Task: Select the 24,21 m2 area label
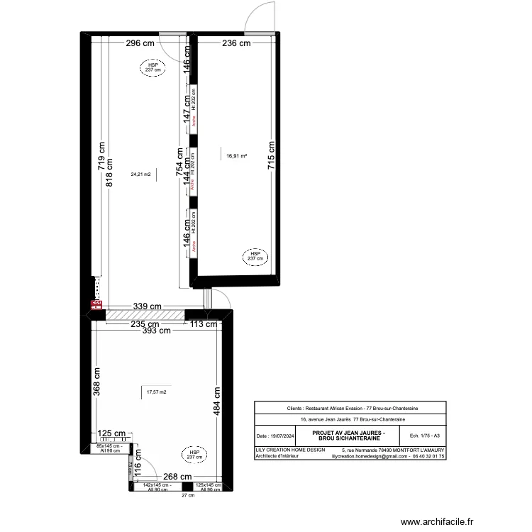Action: pos(140,174)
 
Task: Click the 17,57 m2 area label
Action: pos(155,392)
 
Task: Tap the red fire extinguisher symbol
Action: pos(95,305)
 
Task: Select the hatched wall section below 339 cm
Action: pos(145,314)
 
